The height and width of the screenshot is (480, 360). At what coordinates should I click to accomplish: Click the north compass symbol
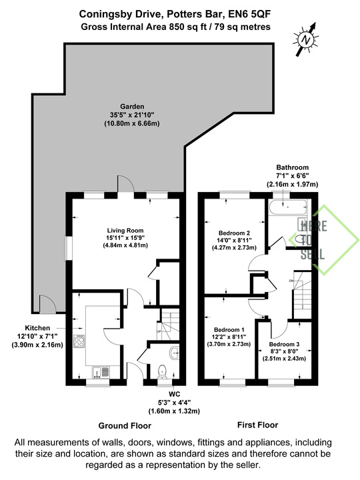pyautogui.click(x=306, y=39)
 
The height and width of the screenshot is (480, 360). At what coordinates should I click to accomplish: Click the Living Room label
pyautogui.click(x=125, y=231)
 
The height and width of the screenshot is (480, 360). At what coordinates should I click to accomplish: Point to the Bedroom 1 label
pyautogui.click(x=229, y=330)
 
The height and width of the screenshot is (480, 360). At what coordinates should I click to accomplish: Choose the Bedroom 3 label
pyautogui.click(x=284, y=345)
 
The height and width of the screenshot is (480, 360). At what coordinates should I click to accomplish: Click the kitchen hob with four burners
pyautogui.click(x=79, y=341)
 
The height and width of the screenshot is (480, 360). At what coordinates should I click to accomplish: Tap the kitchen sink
pyautogui.click(x=101, y=372)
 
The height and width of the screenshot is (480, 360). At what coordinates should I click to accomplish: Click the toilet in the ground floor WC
pyautogui.click(x=161, y=371)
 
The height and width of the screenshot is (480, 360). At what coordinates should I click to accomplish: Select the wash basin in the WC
pyautogui.click(x=174, y=353)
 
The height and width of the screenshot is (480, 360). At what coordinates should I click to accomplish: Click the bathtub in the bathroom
pyautogui.click(x=287, y=207)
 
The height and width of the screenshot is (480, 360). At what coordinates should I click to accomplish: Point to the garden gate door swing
pyautogui.click(x=48, y=304)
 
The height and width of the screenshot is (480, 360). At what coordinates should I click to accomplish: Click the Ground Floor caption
pyautogui.click(x=125, y=425)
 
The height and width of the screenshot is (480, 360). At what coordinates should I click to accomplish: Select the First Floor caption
pyautogui.click(x=258, y=425)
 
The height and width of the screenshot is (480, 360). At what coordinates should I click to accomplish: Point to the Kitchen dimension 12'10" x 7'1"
pyautogui.click(x=37, y=336)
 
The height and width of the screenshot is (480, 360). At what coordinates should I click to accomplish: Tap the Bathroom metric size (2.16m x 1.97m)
pyautogui.click(x=293, y=184)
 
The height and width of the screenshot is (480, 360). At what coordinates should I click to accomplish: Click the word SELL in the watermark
pyautogui.click(x=313, y=254)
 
